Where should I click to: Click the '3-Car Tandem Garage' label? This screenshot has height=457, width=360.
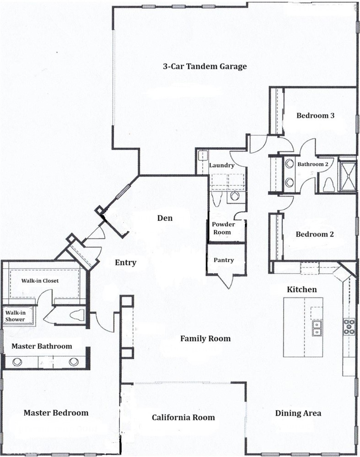click(204, 66)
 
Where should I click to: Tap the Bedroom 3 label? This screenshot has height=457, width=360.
click(315, 116)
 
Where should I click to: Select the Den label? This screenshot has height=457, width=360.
click(165, 218)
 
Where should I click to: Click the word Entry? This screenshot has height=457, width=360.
click(125, 263)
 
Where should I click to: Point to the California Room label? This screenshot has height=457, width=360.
click(183, 417)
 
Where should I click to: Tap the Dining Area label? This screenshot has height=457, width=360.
click(298, 413)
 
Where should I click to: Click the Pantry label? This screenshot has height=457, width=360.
click(223, 260)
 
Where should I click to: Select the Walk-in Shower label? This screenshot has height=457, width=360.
click(15, 316)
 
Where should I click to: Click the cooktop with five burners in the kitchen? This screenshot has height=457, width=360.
click(349, 327)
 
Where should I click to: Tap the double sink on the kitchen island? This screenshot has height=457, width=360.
click(316, 328)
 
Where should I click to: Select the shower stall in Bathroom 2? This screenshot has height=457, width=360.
click(347, 174)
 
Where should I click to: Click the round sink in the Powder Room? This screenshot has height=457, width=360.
click(235, 196)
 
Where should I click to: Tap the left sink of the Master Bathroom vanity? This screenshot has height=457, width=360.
click(17, 362)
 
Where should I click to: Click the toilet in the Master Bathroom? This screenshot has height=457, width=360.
click(78, 315)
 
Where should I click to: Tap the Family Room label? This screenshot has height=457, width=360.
click(205, 339)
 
